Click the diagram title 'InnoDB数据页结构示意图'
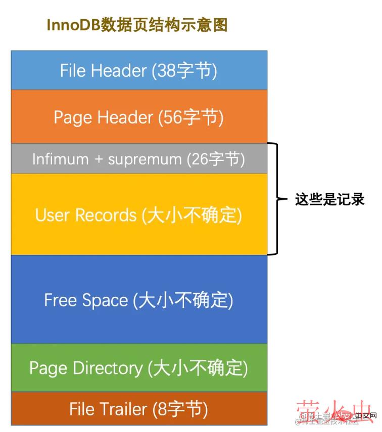click(x=137, y=25)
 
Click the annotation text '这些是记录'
click(x=329, y=199)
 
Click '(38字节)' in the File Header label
click(x=184, y=70)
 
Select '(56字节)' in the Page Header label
click(x=190, y=117)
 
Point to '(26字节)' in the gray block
click(x=216, y=159)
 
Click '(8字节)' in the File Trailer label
click(x=180, y=408)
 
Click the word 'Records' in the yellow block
click(x=107, y=215)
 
